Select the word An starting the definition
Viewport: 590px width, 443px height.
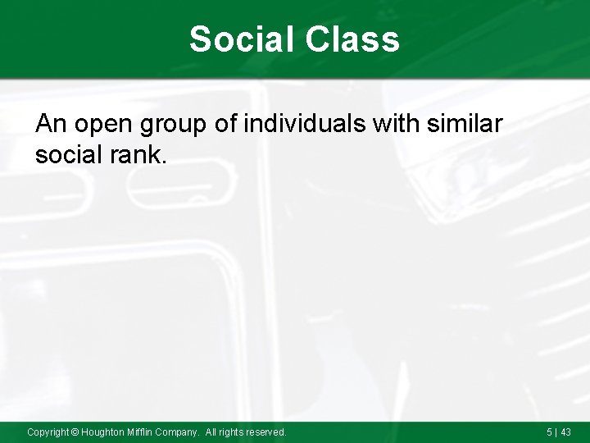click(50, 124)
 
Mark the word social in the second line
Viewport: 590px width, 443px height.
click(69, 154)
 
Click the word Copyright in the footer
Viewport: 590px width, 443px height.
click(48, 432)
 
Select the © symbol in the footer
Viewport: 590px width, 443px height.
click(75, 432)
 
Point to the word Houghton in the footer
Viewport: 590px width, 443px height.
click(103, 432)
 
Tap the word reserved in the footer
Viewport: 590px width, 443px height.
click(266, 432)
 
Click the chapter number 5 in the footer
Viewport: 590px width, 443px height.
click(549, 432)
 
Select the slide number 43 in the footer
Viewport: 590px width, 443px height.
click(565, 432)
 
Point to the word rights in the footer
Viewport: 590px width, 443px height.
click(232, 432)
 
